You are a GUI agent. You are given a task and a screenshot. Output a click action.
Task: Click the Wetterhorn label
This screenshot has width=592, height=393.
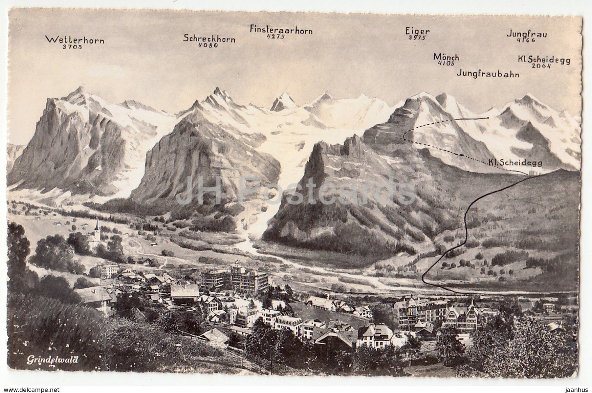point(75,40)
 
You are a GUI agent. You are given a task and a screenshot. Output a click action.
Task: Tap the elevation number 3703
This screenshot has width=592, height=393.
point(73,47)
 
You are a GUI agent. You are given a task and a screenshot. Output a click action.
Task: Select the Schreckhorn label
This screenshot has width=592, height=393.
point(209,39)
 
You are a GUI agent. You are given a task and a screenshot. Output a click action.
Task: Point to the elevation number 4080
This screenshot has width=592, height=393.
point(208,45)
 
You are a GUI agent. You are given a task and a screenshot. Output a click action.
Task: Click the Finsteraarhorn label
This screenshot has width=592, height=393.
point(281,30)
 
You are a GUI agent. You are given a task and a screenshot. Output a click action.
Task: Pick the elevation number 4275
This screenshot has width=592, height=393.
point(275,37)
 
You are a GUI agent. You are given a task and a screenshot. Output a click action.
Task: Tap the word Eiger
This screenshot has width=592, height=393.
point(417,31)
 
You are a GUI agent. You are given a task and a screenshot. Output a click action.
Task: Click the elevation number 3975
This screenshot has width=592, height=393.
point(417,38)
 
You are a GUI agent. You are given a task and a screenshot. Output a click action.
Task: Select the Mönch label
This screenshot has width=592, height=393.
point(446,57)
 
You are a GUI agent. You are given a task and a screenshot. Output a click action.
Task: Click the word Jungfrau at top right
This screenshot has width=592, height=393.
point(526,34)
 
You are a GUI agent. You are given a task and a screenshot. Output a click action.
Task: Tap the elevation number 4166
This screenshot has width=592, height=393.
point(526,41)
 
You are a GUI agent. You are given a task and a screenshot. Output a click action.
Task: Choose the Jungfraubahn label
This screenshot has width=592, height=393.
point(488,74)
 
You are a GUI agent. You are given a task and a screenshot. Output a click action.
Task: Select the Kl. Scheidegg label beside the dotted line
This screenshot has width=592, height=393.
point(515,163)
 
